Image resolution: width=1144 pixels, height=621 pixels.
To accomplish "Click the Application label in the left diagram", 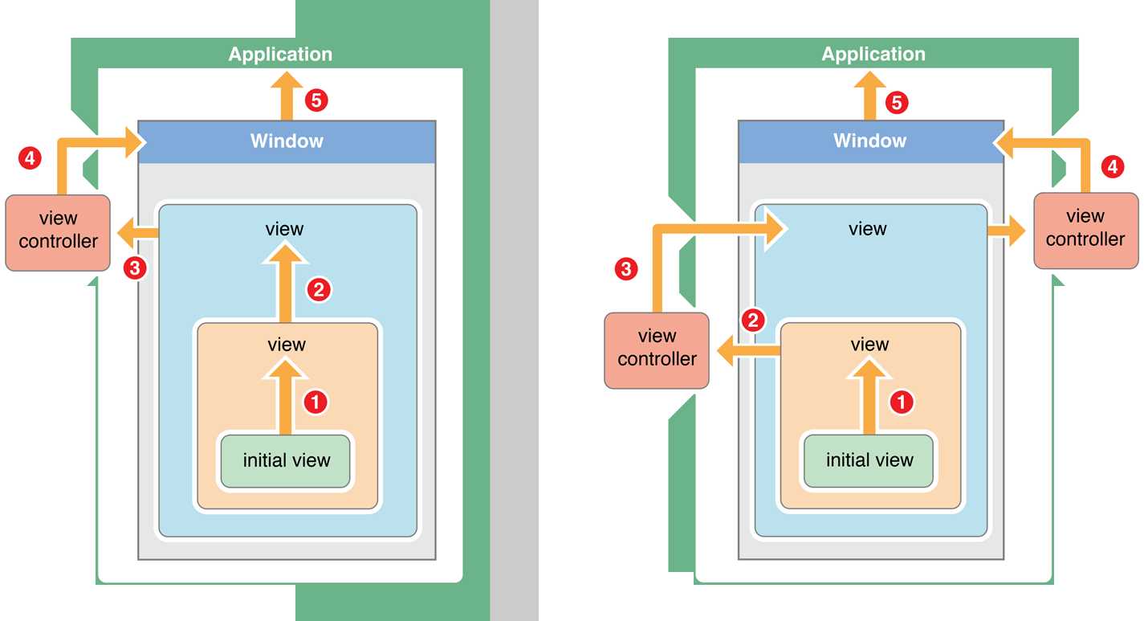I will (280, 55).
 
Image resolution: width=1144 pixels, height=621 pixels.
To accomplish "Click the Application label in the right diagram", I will (873, 55).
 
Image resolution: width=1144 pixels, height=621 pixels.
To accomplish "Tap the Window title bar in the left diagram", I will (287, 141).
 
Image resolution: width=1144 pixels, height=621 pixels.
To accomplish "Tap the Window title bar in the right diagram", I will (870, 141).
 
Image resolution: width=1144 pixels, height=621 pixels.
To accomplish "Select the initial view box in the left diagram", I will (286, 461).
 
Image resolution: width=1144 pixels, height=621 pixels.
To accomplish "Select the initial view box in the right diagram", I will (869, 461).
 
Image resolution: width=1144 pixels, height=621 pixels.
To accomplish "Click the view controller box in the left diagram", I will (58, 231).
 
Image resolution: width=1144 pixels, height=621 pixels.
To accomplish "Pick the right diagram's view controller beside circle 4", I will (1085, 229).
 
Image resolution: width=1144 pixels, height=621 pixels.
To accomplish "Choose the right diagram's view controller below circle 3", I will (657, 349).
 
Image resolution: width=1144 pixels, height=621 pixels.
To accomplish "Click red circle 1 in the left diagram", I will (316, 402).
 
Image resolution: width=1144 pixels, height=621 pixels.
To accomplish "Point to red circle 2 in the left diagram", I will (318, 290).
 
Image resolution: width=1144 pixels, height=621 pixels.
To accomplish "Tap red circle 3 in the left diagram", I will (136, 268).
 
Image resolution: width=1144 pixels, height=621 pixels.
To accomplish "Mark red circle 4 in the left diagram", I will (30, 158).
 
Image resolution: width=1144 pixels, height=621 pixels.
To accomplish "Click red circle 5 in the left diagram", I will (317, 101).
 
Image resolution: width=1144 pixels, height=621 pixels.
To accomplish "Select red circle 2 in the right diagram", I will (752, 321).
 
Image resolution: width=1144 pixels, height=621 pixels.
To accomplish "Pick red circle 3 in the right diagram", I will (625, 268).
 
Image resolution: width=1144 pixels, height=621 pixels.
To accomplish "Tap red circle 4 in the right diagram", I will (1111, 167).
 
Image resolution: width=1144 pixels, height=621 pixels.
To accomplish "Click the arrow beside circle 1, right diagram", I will (869, 398).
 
